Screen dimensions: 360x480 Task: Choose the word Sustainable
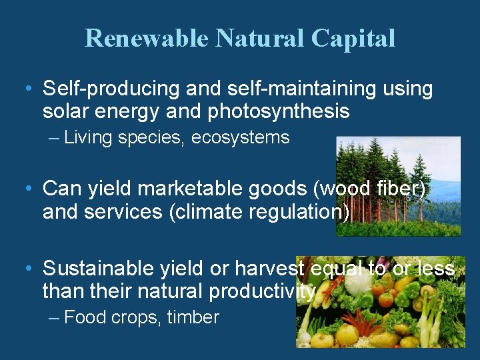99,269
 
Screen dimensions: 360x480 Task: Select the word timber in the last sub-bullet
193,317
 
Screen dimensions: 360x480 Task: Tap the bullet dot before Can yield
27,189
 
